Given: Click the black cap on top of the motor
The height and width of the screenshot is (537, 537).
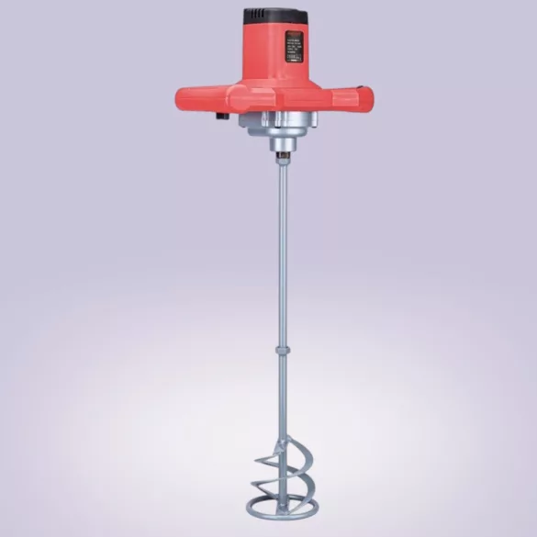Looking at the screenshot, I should coord(275,17).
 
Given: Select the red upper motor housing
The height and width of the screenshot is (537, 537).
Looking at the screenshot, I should coord(275,55).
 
